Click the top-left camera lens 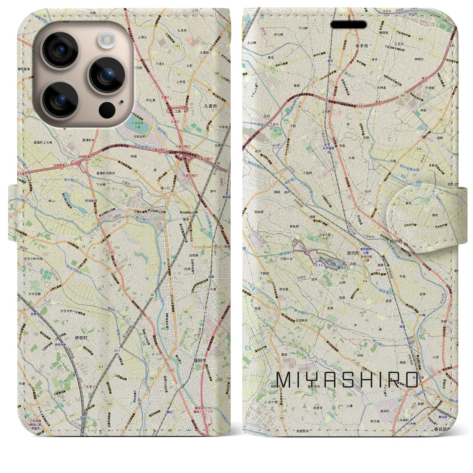point(61,50)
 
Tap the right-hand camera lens point(107,75)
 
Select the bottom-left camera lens point(61,99)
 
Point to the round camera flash point(107,38)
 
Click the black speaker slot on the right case point(348,25)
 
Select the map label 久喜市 point(211,106)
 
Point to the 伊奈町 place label point(81,338)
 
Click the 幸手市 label point(362,47)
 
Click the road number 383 point(402,96)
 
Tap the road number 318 point(418,149)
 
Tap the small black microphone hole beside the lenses point(122,102)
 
